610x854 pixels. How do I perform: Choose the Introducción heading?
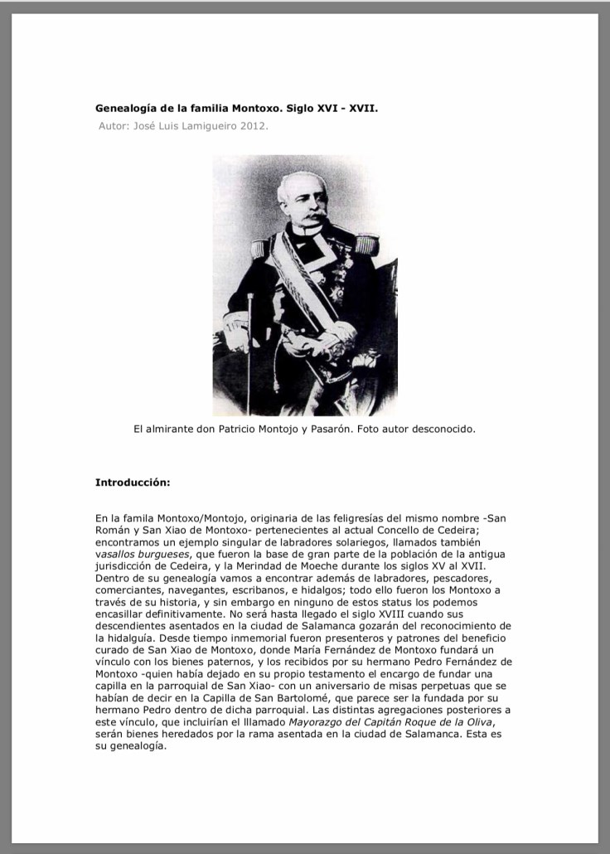click(x=133, y=482)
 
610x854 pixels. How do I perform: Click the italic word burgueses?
click(x=165, y=554)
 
